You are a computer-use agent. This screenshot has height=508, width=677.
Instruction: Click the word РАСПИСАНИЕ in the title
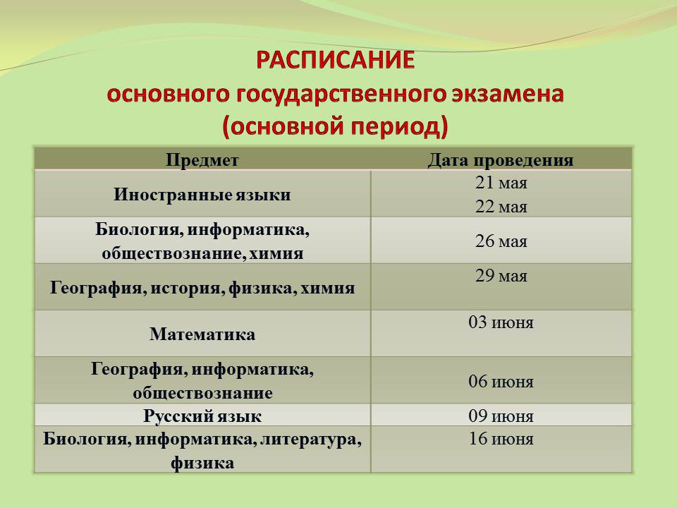336,60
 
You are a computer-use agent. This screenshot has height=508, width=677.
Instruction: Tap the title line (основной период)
336,127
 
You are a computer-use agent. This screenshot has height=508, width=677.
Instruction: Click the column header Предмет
202,160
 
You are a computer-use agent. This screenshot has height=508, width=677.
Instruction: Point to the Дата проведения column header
501,160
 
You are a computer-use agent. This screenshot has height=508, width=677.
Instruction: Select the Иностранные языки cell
202,195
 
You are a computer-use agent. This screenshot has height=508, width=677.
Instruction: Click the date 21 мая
501,183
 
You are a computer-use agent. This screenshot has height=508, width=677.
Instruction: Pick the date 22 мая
501,207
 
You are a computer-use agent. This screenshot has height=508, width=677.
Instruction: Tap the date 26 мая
501,241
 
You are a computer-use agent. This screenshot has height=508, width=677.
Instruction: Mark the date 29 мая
501,276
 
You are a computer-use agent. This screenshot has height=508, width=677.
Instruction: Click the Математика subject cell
202,334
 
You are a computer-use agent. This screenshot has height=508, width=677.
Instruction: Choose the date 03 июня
501,322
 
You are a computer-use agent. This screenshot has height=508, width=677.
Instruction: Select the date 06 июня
501,382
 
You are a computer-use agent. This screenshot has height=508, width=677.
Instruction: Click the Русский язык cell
202,416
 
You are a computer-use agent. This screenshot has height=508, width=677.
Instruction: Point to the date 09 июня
501,416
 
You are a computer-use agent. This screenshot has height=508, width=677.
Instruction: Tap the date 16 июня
501,439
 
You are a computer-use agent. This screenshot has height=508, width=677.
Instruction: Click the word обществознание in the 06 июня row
202,393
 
